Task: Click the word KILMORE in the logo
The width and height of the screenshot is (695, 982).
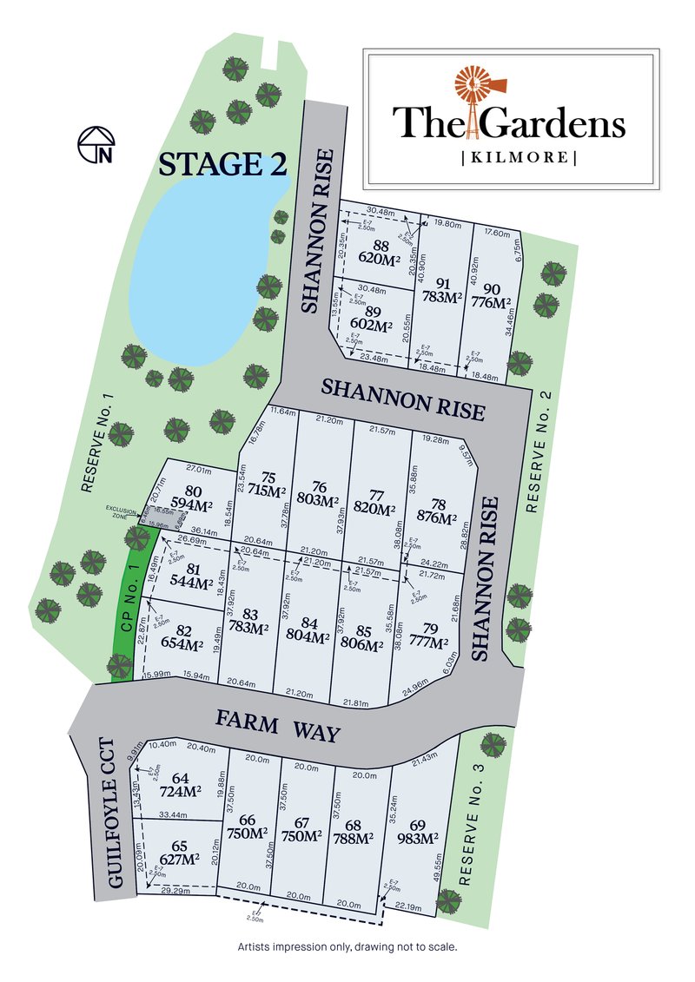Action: pos(508,158)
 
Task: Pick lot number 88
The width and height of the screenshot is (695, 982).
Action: pos(381,246)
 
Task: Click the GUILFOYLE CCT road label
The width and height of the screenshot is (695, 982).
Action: pos(108,813)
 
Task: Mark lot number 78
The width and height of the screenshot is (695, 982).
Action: pos(437,504)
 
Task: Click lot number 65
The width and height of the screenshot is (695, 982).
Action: pos(180,845)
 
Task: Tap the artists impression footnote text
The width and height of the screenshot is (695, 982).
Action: pos(347,946)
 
